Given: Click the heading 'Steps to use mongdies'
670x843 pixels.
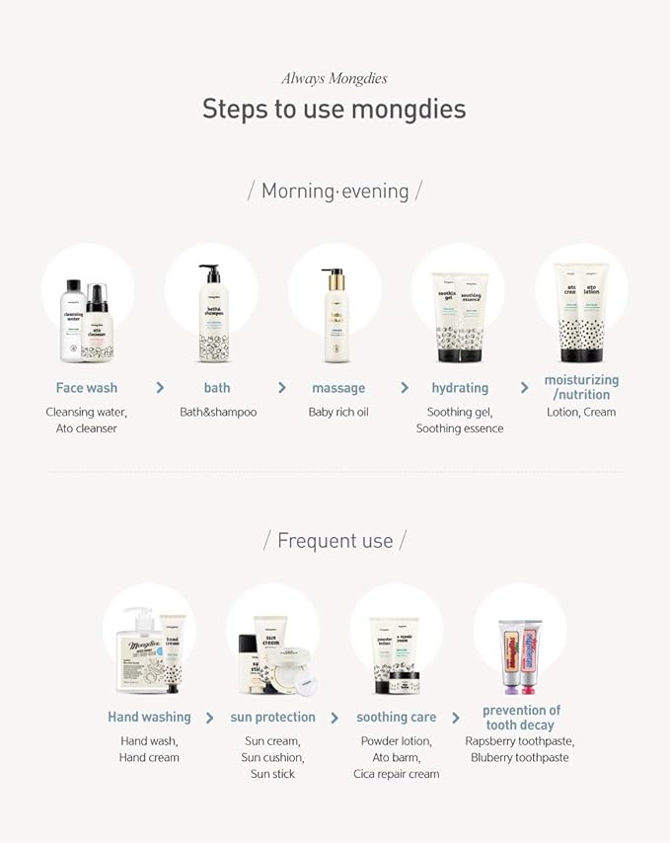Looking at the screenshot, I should pos(334,108).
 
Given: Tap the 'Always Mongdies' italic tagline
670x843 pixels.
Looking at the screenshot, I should pos(334,78).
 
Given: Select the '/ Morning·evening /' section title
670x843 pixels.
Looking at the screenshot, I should pos(335,191).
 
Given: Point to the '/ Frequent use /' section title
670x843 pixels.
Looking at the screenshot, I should pos(335,540).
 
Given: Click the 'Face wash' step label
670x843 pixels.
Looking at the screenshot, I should pos(87,388).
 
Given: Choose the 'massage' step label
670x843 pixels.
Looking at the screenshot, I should pos(338,388).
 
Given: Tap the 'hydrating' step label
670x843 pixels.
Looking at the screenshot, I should pos(460,388).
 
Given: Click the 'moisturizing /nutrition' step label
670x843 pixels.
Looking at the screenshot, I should pos(581,387).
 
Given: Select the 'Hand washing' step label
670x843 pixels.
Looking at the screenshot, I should pos(149,717).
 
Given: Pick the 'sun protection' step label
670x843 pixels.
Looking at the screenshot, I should pos(272,717).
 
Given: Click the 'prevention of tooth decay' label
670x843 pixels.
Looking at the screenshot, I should pos(521,718).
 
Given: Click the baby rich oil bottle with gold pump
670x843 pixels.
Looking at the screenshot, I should pos(334,316).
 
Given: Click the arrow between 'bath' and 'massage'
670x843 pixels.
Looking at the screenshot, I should pos(282,388).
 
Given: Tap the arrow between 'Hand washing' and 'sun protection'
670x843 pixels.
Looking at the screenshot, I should pos(210,718).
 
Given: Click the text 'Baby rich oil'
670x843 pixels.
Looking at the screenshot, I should pos(338,412).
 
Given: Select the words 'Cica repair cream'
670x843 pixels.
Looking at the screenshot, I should pos(396,774).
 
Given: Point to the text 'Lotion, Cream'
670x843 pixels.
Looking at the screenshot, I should pos(581,412).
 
